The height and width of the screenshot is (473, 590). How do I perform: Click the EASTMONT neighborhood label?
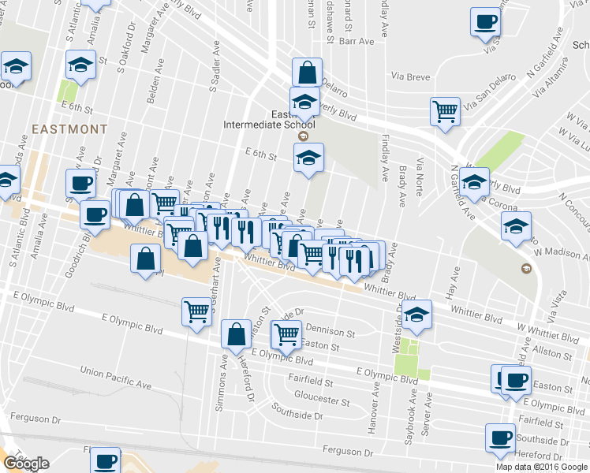(69, 128)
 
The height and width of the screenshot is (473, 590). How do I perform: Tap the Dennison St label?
(330, 333)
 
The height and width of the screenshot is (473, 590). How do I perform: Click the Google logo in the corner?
(26, 464)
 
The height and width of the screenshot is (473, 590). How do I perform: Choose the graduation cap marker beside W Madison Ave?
(516, 225)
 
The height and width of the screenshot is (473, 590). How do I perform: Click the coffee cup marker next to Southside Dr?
(500, 438)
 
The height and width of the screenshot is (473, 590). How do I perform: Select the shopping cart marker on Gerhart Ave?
(196, 311)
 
